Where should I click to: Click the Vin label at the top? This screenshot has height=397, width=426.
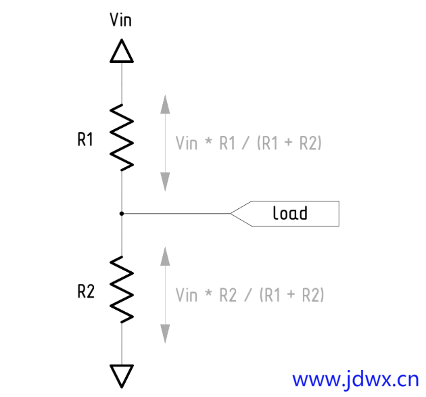point(120,20)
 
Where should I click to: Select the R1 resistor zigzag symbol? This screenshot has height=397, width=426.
point(122,137)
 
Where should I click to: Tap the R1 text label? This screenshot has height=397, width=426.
point(85,140)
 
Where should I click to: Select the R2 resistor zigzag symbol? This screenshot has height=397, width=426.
point(122,289)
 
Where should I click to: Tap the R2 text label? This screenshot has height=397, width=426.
point(85,292)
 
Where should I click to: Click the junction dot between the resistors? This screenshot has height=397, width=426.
point(122,214)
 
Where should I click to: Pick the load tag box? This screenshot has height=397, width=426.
point(291,214)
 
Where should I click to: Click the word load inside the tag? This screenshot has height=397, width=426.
point(289,214)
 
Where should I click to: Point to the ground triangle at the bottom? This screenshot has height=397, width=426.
point(122,375)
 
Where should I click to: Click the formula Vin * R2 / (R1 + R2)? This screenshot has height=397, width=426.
point(250,295)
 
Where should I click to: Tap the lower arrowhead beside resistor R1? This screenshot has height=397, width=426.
point(164,181)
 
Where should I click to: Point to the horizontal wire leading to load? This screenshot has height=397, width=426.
point(176,214)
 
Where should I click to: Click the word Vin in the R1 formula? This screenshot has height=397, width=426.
point(187,143)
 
